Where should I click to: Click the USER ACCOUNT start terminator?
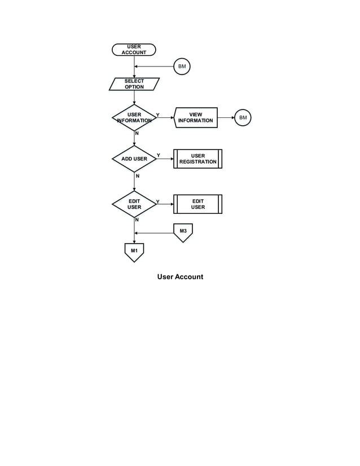pyautogui.click(x=134, y=50)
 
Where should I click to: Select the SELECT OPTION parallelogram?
pyautogui.click(x=134, y=84)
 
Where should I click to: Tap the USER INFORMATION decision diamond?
pyautogui.click(x=134, y=118)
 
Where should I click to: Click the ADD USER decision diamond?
pyautogui.click(x=134, y=159)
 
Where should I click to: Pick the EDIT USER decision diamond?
pyautogui.click(x=134, y=204)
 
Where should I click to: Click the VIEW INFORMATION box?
pyautogui.click(x=196, y=117)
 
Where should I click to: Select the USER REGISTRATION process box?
pyautogui.click(x=197, y=159)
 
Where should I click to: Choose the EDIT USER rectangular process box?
pyautogui.click(x=197, y=204)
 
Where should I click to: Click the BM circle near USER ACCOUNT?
pyautogui.click(x=182, y=67)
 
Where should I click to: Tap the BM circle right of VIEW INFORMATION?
pyautogui.click(x=243, y=118)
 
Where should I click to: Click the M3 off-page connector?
pyautogui.click(x=183, y=232)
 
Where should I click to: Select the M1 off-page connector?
pyautogui.click(x=134, y=252)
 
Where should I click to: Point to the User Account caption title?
pyautogui.click(x=180, y=277)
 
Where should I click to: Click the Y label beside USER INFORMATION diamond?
pyautogui.click(x=158, y=115)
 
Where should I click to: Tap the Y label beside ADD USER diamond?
pyautogui.click(x=158, y=155)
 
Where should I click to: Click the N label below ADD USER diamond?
pyautogui.click(x=137, y=177)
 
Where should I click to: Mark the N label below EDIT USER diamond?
pyautogui.click(x=137, y=220)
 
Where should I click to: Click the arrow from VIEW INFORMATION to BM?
pyautogui.click(x=225, y=118)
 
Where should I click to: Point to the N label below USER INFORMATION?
pyautogui.click(x=137, y=133)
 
